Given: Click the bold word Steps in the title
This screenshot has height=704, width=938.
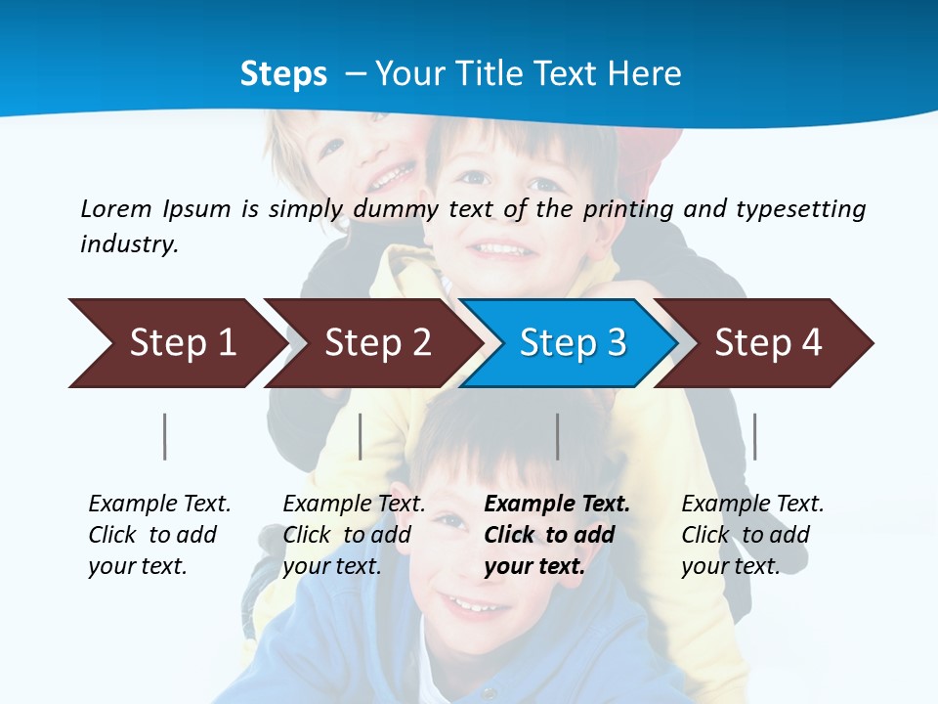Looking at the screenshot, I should point(283,74).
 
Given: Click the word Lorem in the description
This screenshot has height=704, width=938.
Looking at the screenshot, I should point(116,208).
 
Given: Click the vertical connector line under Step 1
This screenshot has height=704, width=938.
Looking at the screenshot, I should point(165,436).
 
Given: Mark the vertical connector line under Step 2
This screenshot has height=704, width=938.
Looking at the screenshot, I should point(361,436).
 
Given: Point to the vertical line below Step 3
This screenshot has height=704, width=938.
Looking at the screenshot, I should point(558,436).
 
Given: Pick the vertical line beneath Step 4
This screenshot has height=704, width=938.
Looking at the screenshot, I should point(754,436).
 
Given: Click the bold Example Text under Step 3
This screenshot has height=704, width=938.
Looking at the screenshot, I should point(557,505).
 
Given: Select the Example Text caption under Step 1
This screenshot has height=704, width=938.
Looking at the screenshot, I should point(159,505).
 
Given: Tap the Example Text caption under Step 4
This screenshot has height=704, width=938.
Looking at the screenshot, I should point(752,505).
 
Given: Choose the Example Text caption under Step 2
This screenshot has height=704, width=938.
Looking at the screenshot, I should point(354,505).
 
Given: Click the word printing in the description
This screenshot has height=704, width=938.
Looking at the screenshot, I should point(627,208).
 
